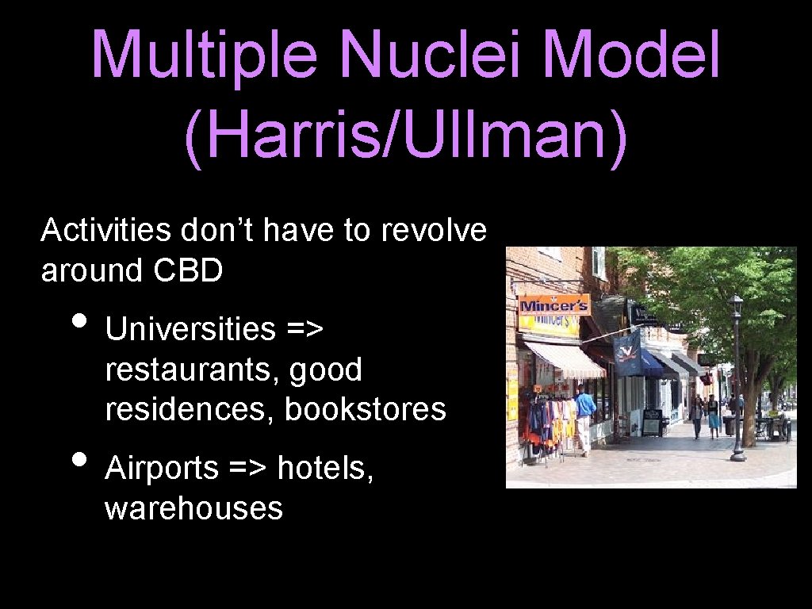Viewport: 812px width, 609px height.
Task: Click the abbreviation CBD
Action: point(188,270)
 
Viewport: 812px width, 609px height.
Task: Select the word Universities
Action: point(190,328)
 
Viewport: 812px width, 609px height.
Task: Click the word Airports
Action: point(161,468)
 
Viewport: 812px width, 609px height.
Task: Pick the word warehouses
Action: point(193,508)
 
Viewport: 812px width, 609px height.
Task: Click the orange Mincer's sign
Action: point(553,305)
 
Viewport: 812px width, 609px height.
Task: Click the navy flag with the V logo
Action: point(628,354)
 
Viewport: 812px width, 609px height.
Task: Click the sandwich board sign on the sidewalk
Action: point(652,422)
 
